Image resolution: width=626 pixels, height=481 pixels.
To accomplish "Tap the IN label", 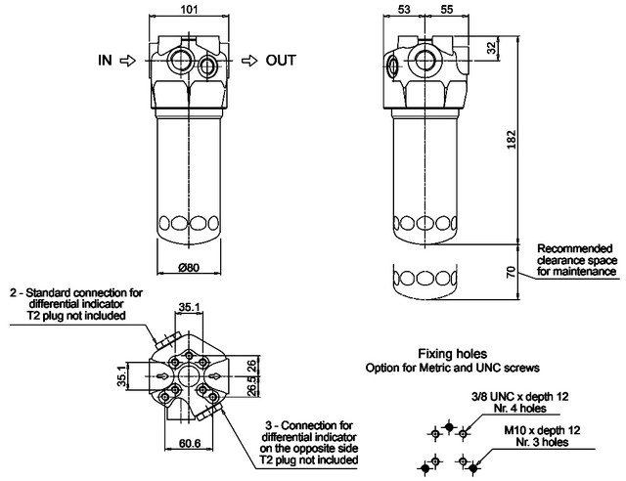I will tap(105, 61).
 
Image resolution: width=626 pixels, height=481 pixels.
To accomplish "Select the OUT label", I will tap(282, 61).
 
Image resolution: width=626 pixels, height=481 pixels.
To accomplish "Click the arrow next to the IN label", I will tap(127, 61).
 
